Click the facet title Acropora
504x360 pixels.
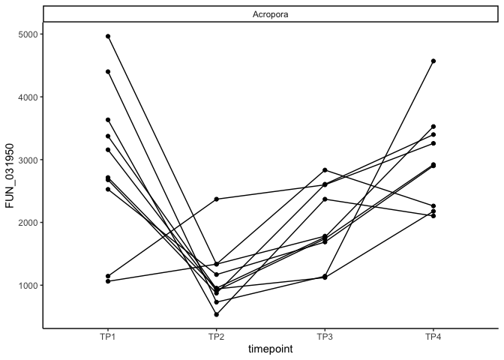(x=271, y=13)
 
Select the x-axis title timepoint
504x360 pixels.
(x=271, y=349)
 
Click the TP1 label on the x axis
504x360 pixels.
(x=108, y=337)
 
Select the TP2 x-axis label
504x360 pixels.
(x=216, y=337)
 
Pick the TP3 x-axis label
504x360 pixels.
(x=325, y=337)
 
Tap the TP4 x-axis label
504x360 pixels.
(x=433, y=337)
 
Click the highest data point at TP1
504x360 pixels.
(x=108, y=36)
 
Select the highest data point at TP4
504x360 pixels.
(x=433, y=61)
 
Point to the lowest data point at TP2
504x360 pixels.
(x=217, y=314)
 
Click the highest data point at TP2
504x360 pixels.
(x=217, y=199)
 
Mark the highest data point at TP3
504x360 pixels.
(x=325, y=170)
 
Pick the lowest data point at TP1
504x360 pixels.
(x=108, y=281)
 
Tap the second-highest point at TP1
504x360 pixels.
(x=108, y=71)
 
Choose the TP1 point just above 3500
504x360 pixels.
(x=108, y=119)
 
